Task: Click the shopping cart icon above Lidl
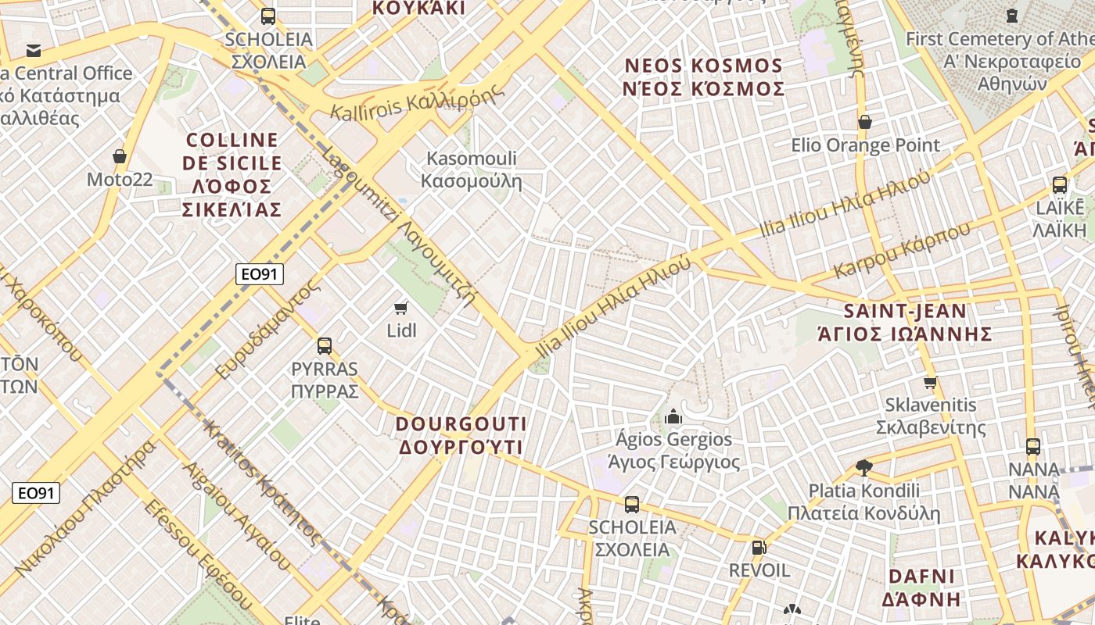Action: pos(401,309)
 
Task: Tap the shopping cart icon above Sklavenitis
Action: pos(930,382)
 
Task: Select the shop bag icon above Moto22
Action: pos(120,157)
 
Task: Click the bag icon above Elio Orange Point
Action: pos(864,122)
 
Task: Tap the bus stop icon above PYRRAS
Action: pos(324,345)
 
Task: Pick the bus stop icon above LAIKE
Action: pos(1059,185)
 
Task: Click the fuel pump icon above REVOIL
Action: pos(757,548)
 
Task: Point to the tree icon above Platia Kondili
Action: pos(863,468)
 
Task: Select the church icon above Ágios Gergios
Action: pos(673,416)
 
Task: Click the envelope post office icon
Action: pos(34,51)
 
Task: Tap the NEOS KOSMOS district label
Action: pos(703,77)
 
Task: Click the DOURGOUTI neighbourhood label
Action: pos(461,435)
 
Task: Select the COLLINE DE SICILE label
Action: pos(232,174)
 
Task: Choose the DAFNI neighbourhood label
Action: pos(922,587)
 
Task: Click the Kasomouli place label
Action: pos(471,170)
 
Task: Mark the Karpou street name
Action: pos(902,249)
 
